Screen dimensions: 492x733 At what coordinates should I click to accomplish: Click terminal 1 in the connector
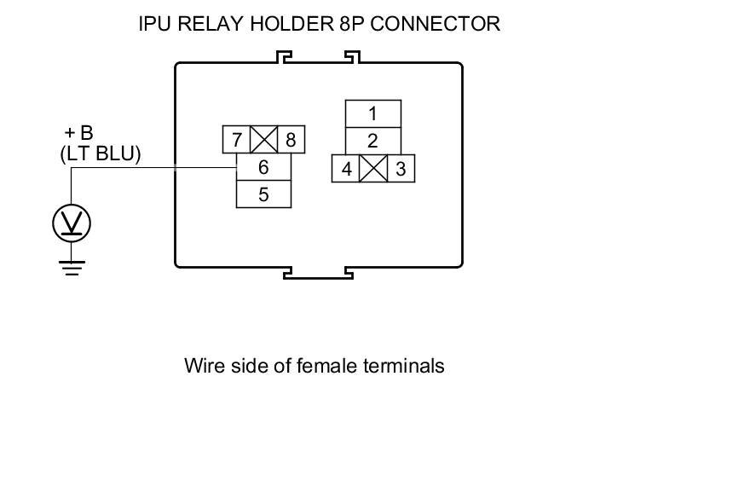point(372,114)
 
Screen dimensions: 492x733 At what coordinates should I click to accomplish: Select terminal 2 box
point(372,142)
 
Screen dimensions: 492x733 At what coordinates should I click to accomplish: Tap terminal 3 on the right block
point(401,169)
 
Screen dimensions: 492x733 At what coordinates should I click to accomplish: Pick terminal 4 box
point(346,169)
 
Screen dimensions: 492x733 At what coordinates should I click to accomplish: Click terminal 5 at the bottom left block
point(263,194)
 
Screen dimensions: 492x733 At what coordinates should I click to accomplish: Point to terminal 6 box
point(263,168)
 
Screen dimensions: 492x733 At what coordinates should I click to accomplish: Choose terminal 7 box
point(236,140)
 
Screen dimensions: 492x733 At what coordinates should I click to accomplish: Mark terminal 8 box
point(291,140)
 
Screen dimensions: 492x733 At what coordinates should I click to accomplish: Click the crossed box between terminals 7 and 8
point(263,140)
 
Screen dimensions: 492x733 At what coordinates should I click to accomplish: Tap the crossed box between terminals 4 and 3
point(373,169)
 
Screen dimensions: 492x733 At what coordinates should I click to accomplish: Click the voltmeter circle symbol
point(72,223)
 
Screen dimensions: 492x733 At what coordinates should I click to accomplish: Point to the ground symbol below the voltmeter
point(72,267)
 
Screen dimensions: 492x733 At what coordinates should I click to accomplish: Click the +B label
point(78,133)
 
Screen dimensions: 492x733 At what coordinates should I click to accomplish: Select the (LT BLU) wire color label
point(101,154)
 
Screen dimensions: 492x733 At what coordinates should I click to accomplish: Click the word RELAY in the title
point(213,24)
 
